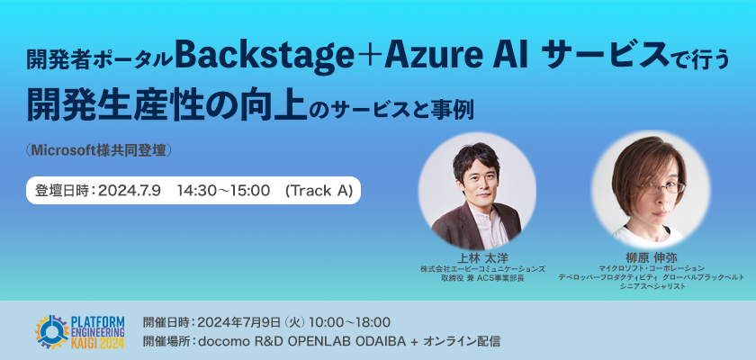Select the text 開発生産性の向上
pos(166,106)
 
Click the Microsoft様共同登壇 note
pos(99,151)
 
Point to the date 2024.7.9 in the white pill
pos(130,191)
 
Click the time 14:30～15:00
pos(223,191)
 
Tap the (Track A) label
pos(319,191)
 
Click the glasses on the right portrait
pos(661,187)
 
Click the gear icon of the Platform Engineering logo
pos(52,331)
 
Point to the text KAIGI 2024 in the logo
pos(98,343)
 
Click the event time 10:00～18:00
pos(349,322)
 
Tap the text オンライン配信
pos(461,342)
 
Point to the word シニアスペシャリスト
pos(651,286)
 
